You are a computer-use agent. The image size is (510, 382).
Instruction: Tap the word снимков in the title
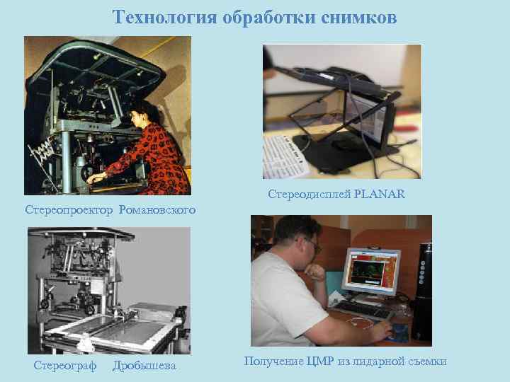[361, 17]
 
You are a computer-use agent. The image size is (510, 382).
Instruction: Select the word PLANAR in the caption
[379, 194]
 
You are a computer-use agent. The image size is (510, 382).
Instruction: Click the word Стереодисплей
[309, 194]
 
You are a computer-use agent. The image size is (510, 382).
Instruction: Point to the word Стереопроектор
[69, 210]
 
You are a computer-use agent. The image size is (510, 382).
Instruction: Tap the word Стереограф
[64, 365]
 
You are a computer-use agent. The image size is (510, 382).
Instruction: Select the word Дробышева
[144, 365]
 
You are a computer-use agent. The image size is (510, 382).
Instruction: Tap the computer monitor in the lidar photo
[370, 270]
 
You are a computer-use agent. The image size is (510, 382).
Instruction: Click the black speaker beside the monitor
[421, 290]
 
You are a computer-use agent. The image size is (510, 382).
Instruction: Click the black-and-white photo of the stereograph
[108, 290]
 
